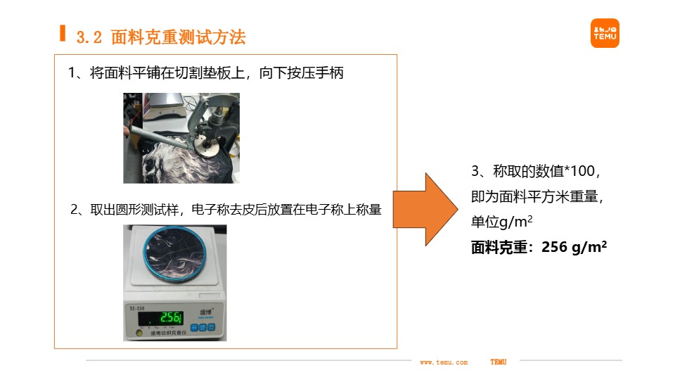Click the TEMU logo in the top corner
pos(605,33)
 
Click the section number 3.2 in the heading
pos(90,38)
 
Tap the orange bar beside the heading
pos(63,33)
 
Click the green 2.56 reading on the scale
pos(170,318)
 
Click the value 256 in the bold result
pos(553,247)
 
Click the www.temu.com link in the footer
pos(443,362)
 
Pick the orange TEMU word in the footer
pos(498,362)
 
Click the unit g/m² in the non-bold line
pos(515,222)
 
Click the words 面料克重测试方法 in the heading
pos(179,38)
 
